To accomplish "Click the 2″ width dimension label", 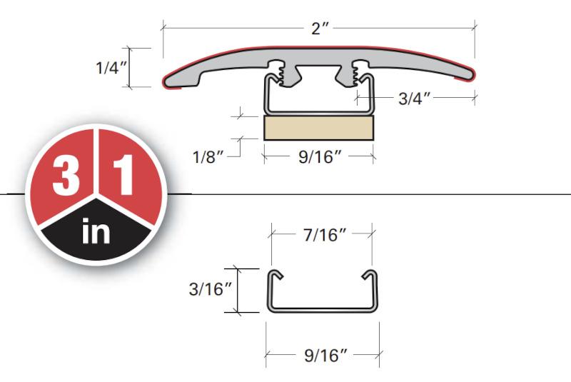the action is pyautogui.click(x=320, y=29).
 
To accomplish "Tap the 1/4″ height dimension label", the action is pyautogui.click(x=111, y=68).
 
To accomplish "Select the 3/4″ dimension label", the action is pyautogui.click(x=415, y=99).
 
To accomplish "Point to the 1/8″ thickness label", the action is pyautogui.click(x=208, y=157).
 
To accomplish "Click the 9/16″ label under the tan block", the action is pyautogui.click(x=320, y=157).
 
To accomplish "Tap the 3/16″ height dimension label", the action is pyautogui.click(x=210, y=289).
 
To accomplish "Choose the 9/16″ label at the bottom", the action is pyautogui.click(x=325, y=356).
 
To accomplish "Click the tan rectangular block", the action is pyautogui.click(x=318, y=128).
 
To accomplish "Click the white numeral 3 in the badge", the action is pyautogui.click(x=66, y=175).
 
